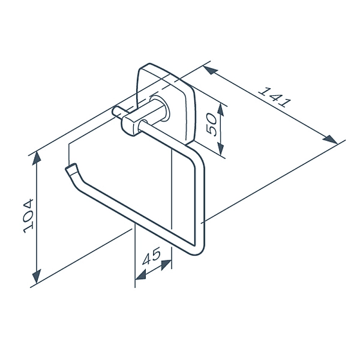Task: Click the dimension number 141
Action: (x=274, y=97)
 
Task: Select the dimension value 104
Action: (x=29, y=216)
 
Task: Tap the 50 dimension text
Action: (x=211, y=124)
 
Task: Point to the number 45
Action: (x=151, y=257)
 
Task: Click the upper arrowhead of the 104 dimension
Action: (x=37, y=159)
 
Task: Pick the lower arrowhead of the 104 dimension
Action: (x=37, y=276)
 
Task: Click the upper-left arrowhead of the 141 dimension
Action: (x=210, y=70)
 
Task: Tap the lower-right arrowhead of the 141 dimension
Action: (x=330, y=140)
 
